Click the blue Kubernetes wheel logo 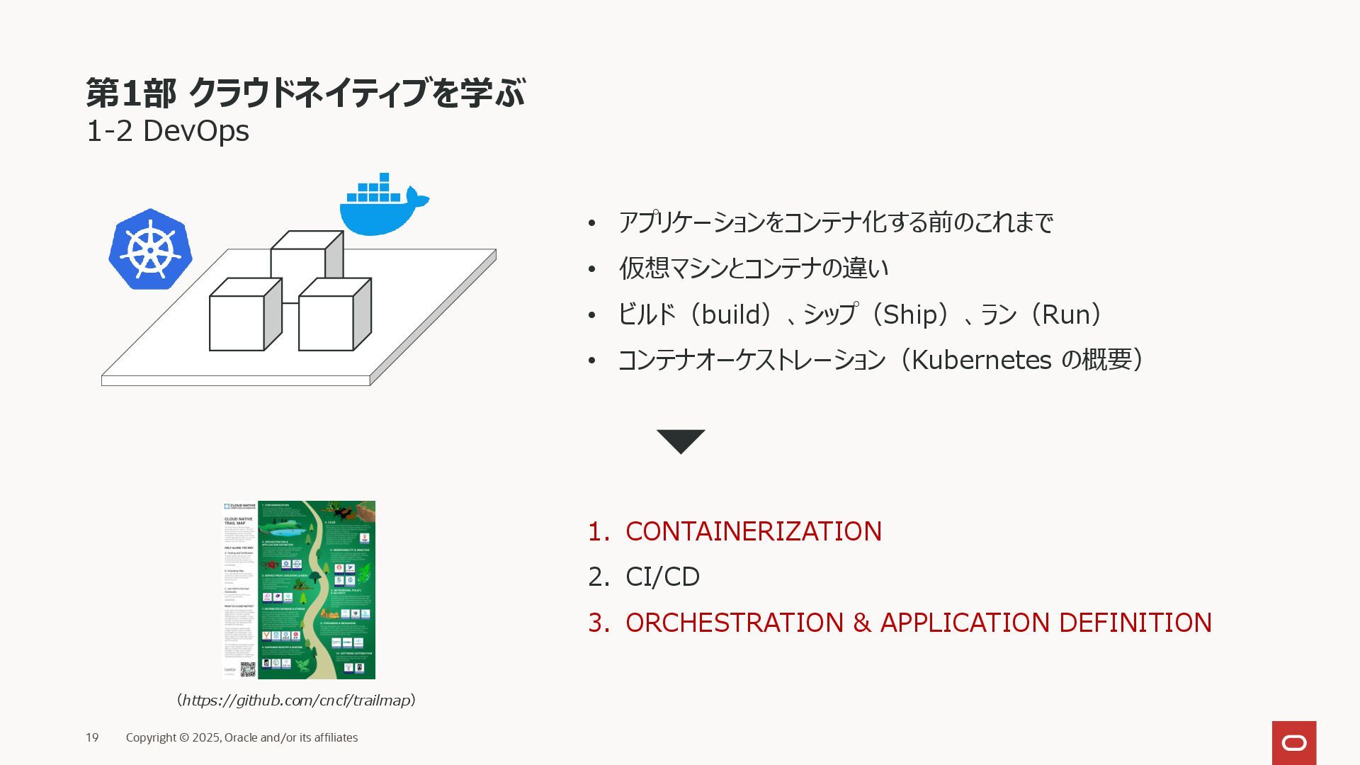tap(150, 249)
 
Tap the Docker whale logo tap(382, 207)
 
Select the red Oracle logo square tap(1293, 742)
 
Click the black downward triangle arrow tap(681, 440)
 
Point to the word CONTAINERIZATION tap(753, 531)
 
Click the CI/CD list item tap(662, 577)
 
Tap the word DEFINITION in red tap(1135, 623)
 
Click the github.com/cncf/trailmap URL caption tap(296, 701)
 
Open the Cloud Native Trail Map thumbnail tap(300, 589)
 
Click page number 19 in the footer tap(92, 737)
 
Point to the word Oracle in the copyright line tap(241, 737)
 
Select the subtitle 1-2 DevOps tap(168, 131)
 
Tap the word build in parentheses tap(730, 314)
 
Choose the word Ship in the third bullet tap(909, 314)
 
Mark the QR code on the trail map tap(247, 669)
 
